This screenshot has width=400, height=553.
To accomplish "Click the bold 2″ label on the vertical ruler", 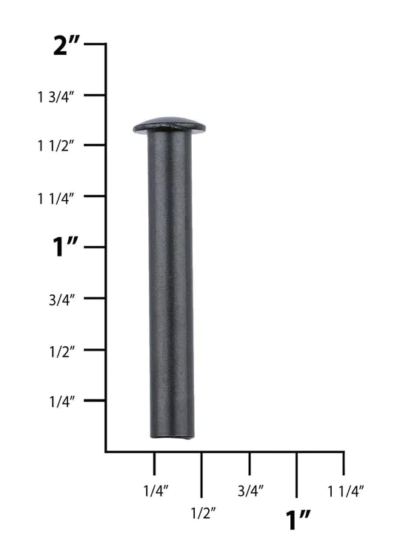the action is (x=67, y=45).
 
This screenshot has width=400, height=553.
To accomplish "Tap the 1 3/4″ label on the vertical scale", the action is (x=56, y=97).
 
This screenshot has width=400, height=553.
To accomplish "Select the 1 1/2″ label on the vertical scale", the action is (x=56, y=145).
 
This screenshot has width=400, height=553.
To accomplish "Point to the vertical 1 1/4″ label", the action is (x=56, y=199).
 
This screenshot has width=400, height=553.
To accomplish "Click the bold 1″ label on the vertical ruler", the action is (x=65, y=247).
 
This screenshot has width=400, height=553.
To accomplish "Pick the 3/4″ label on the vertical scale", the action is (x=62, y=300).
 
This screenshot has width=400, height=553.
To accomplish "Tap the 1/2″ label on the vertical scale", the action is (x=62, y=351).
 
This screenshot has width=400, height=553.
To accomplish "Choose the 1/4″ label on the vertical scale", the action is (x=62, y=402).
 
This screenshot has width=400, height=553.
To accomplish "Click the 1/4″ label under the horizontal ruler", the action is (x=156, y=491).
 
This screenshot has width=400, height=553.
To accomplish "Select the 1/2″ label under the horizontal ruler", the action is (x=204, y=513).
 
